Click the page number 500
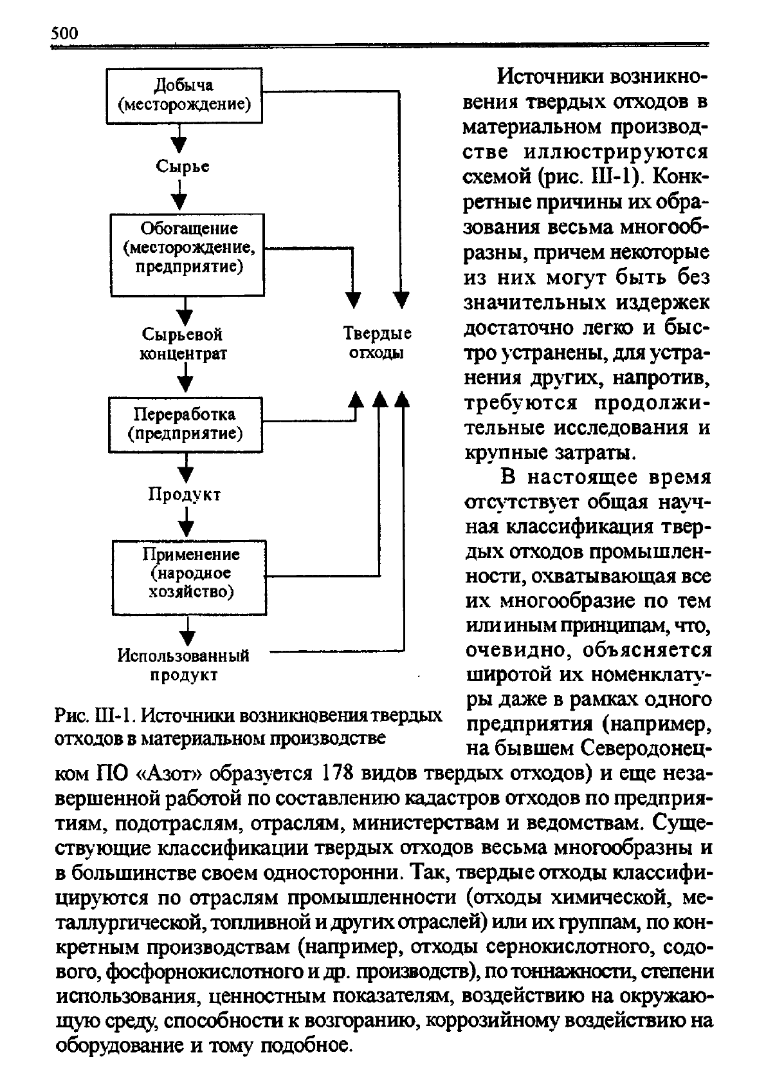[64, 33]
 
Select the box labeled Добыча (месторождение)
[184, 95]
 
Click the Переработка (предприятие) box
[185, 424]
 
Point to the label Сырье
[183, 166]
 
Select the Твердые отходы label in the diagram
[377, 344]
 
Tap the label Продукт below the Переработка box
[185, 494]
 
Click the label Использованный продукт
[183, 665]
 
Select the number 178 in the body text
[336, 772]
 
